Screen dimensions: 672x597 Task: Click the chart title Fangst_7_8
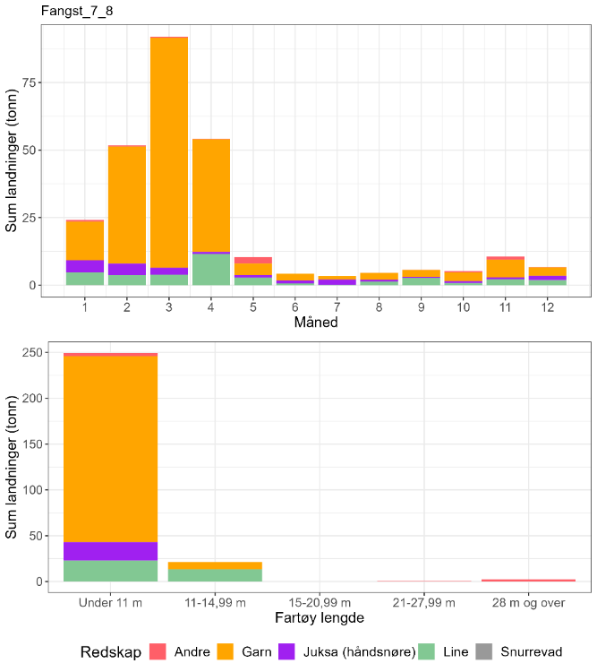(76, 11)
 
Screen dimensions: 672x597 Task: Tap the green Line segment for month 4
(211, 270)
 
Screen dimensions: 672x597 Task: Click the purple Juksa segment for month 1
(85, 266)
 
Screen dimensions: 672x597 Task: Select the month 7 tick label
(337, 306)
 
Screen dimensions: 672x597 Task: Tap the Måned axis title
(316, 322)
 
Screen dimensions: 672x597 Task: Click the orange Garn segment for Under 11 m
(110, 448)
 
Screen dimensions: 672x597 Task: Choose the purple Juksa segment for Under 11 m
(110, 551)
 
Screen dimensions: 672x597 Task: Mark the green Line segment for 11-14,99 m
(215, 575)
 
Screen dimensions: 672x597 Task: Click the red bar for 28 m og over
(528, 580)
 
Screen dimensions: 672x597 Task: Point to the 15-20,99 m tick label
(320, 603)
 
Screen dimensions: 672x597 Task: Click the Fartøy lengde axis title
(317, 618)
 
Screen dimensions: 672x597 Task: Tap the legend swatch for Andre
(158, 651)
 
